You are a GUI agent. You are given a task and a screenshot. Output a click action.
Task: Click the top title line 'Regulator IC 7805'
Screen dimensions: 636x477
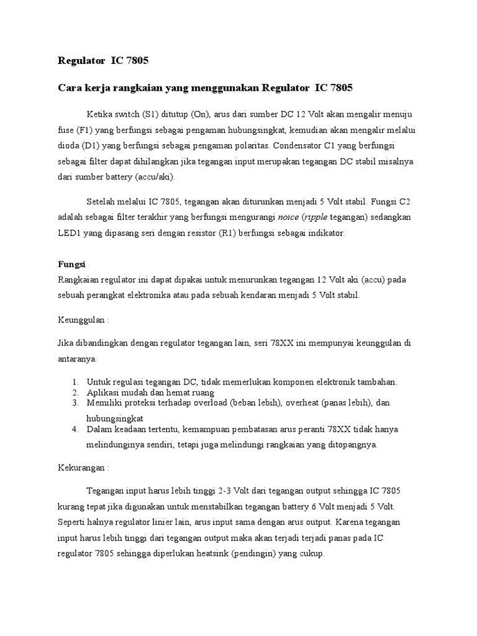coord(104,61)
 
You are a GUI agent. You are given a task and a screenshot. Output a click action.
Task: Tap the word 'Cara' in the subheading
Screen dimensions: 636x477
coord(70,88)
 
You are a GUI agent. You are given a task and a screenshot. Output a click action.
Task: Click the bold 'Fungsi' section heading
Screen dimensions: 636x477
coord(70,264)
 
